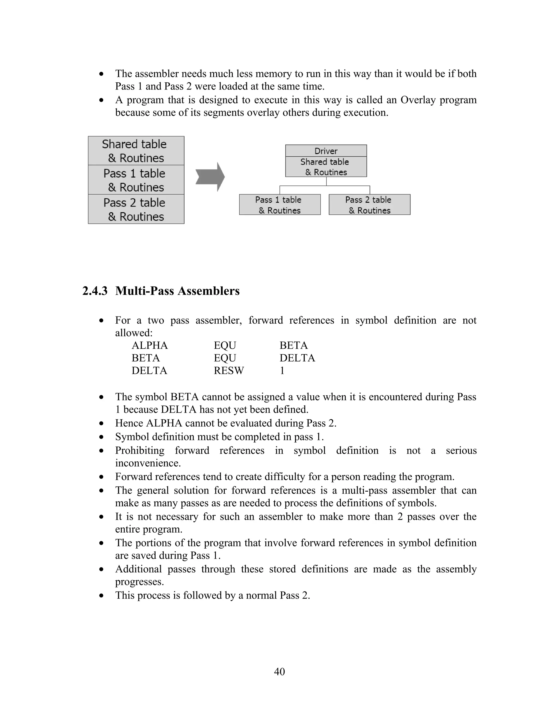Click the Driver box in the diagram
[326, 151]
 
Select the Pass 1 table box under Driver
[280, 205]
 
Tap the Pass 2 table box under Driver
[369, 205]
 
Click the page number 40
[279, 671]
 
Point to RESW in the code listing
[228, 371]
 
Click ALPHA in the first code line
[150, 346]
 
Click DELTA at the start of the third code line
[149, 371]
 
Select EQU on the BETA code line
[225, 358]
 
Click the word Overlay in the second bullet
[418, 100]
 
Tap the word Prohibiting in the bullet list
[140, 450]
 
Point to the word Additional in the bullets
[138, 569]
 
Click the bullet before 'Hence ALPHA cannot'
[102, 424]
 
